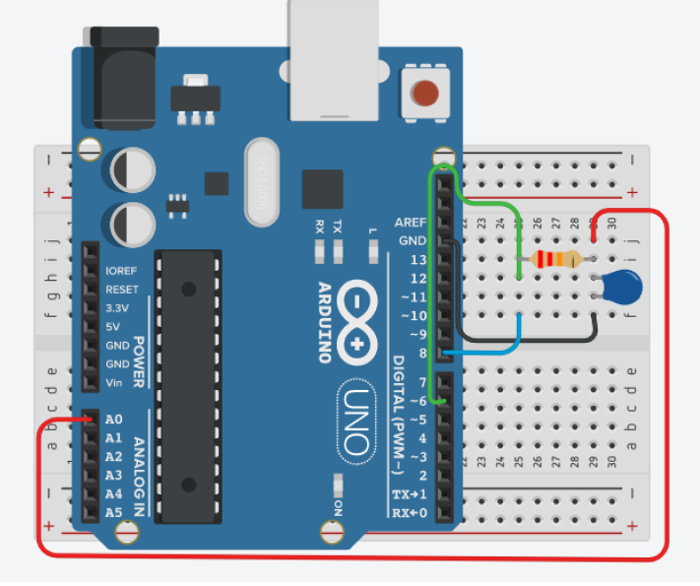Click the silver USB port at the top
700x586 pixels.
point(334,54)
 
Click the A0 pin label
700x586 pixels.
point(113,419)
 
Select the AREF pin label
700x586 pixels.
point(410,222)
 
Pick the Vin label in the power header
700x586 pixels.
point(115,382)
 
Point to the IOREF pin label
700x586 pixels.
point(122,270)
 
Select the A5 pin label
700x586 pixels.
point(113,512)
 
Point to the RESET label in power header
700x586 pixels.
point(121,289)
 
